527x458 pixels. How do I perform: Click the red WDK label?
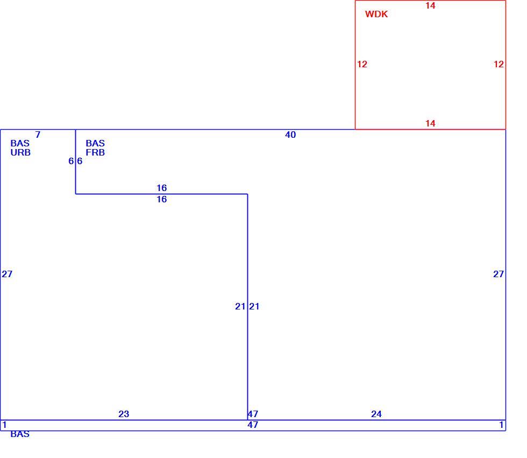tap(376, 14)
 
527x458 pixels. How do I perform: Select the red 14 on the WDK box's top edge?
tap(430, 6)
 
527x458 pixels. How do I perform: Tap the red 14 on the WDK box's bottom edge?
tap(430, 123)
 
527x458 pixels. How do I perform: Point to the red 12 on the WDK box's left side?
tap(362, 64)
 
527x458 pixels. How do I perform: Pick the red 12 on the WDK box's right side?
tap(498, 64)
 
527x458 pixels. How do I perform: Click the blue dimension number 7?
tap(38, 135)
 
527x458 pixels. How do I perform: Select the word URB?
tap(20, 152)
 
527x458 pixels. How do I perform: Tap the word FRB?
tap(95, 152)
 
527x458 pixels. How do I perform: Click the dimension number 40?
tap(290, 135)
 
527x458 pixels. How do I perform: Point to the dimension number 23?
tap(124, 414)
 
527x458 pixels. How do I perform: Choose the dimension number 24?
tap(376, 414)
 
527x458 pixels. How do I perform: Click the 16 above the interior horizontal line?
tap(162, 188)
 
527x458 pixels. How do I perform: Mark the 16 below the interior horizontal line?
tap(162, 199)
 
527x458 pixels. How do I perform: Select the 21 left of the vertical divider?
tap(240, 306)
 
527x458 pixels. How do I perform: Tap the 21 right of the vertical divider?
tap(254, 306)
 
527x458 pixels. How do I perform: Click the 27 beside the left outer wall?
tap(7, 274)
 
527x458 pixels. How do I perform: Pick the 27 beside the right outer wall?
tap(498, 274)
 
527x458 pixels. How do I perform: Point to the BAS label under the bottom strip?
tap(20, 434)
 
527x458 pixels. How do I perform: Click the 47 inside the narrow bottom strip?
tap(253, 425)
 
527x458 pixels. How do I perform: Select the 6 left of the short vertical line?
tap(71, 161)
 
